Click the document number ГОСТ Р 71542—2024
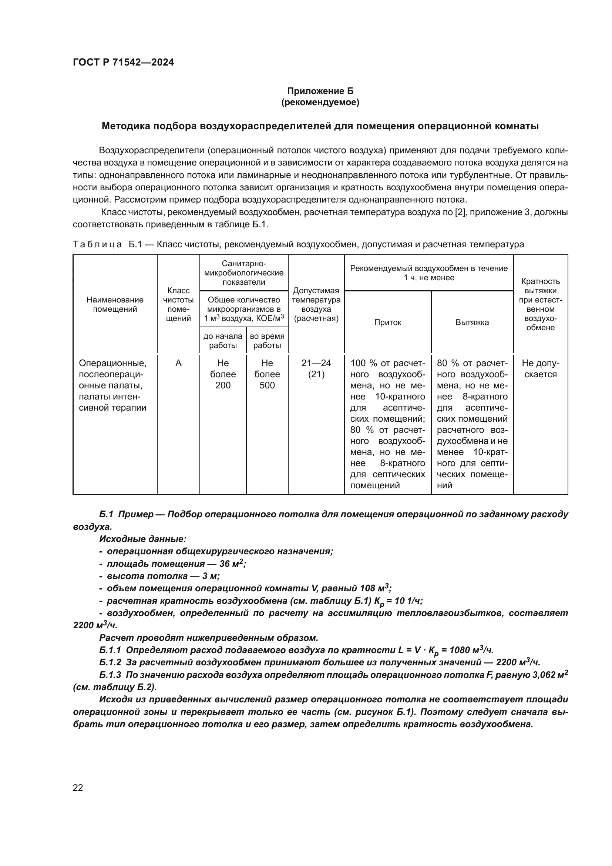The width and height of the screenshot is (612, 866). [x=123, y=63]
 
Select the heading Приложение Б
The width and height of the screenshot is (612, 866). [x=320, y=91]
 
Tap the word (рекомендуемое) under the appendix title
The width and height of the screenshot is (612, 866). [x=320, y=102]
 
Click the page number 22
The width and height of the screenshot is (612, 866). [x=78, y=788]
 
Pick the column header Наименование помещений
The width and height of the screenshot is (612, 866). [x=115, y=304]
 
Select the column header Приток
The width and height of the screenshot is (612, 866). [x=387, y=322]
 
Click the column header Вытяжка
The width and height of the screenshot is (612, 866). [x=472, y=322]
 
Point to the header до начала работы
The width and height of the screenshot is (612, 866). [x=223, y=341]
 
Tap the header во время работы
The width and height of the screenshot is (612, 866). [x=267, y=341]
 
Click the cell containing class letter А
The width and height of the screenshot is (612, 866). [x=178, y=363]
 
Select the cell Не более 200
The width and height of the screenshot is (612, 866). [x=223, y=374]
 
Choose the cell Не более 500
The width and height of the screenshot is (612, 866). [x=267, y=374]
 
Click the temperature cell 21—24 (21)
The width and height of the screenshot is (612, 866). [x=316, y=368]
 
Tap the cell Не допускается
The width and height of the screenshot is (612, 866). [x=540, y=368]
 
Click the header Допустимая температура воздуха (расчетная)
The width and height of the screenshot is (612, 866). [x=316, y=304]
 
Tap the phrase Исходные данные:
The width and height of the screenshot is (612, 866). [x=143, y=539]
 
